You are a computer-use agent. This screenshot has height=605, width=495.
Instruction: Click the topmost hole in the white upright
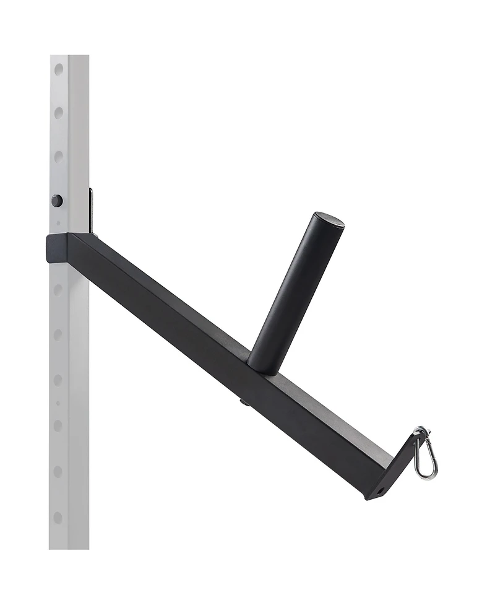coord(59,69)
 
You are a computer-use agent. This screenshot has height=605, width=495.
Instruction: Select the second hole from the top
coord(59,113)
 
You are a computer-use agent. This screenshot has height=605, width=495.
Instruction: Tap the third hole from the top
coord(59,157)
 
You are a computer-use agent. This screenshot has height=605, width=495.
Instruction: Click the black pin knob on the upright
coord(57,201)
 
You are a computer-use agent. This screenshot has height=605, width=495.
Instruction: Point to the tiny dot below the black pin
coord(58,223)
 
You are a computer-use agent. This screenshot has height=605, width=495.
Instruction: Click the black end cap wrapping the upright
coord(57,248)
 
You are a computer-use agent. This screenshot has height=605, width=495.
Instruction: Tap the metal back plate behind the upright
coord(91,211)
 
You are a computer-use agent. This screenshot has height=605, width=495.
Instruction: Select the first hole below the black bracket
coord(58,289)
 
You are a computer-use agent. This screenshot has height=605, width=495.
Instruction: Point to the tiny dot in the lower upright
coord(58,403)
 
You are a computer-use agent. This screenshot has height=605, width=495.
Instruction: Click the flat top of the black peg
coord(329,219)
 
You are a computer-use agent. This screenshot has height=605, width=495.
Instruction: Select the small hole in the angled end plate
coord(379,490)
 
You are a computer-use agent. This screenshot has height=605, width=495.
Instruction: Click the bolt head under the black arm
coord(245,403)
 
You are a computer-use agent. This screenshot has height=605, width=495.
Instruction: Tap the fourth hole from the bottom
coord(58,380)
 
